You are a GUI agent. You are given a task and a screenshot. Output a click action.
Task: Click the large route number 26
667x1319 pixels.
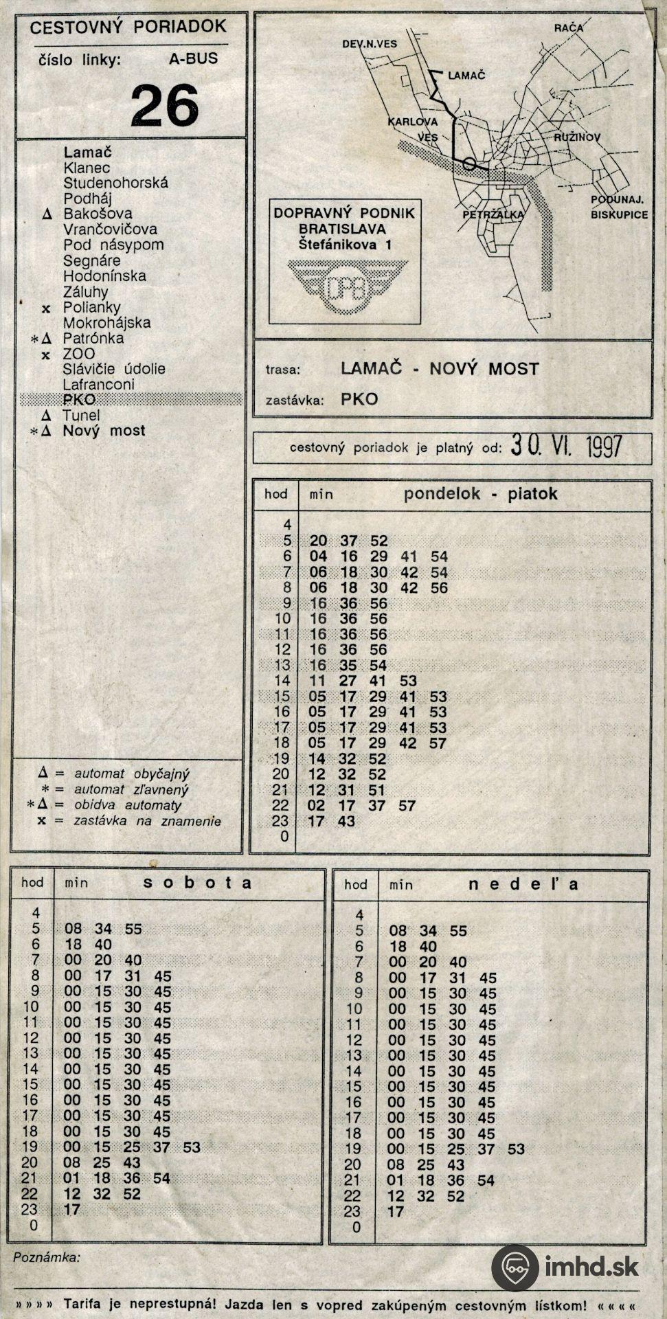coord(165,105)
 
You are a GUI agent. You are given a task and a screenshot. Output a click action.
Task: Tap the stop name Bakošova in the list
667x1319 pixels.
coord(98,214)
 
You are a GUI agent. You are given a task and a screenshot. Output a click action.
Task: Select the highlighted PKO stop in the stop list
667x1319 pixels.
coord(79,400)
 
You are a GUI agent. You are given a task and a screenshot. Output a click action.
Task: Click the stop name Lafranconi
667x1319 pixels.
coord(99,385)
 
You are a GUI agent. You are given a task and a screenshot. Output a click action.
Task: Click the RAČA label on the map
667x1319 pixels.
coord(569,28)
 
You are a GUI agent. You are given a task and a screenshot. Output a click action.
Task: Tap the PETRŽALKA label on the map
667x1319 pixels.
coord(493,214)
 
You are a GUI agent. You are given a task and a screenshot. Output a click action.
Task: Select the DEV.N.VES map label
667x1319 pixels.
coord(370,44)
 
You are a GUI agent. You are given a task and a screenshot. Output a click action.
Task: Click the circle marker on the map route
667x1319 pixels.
coord(469,164)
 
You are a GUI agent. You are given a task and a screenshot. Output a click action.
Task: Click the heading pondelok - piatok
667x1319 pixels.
coord(480,493)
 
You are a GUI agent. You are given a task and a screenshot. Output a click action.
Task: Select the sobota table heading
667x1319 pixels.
coord(198,883)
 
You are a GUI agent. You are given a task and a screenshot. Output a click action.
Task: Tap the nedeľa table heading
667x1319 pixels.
coord(523,884)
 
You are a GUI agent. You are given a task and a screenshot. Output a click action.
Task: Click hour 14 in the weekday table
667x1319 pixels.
coord(282,681)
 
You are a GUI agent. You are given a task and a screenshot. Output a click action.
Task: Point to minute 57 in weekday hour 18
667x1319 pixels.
coord(438,743)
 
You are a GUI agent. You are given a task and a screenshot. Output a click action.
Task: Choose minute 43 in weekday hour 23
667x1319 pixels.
coord(347,821)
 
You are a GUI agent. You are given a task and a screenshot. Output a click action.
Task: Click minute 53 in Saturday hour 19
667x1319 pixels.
coord(192,1147)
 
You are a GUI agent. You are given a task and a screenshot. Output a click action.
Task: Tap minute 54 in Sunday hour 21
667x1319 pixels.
coord(486,1180)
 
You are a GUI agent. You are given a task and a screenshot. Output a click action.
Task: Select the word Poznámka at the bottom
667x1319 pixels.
coord(46,1257)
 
